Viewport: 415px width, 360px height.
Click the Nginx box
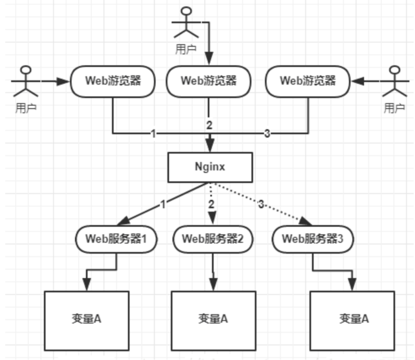(x=210, y=167)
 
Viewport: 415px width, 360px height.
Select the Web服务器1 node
(x=116, y=239)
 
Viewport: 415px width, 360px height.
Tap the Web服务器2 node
(x=212, y=239)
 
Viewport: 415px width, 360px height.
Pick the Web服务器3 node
(x=312, y=239)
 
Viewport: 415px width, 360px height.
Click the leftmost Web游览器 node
(x=113, y=81)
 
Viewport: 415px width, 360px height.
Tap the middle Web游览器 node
(x=208, y=81)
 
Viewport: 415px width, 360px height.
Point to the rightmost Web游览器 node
(x=308, y=81)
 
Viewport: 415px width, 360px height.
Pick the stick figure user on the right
(x=395, y=82)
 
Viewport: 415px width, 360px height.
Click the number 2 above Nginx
(x=209, y=125)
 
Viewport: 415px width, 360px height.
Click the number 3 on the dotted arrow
(x=261, y=204)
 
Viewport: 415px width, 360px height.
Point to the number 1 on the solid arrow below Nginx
(x=163, y=204)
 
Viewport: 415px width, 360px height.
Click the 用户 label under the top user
(x=186, y=49)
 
